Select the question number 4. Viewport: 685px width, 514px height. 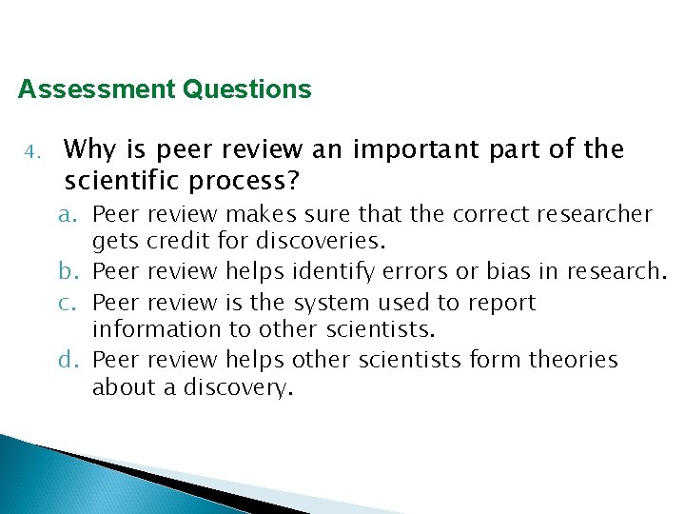click(30, 152)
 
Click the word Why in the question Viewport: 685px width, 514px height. click(89, 149)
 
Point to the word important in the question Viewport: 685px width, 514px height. click(402, 149)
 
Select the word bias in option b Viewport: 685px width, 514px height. click(510, 272)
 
